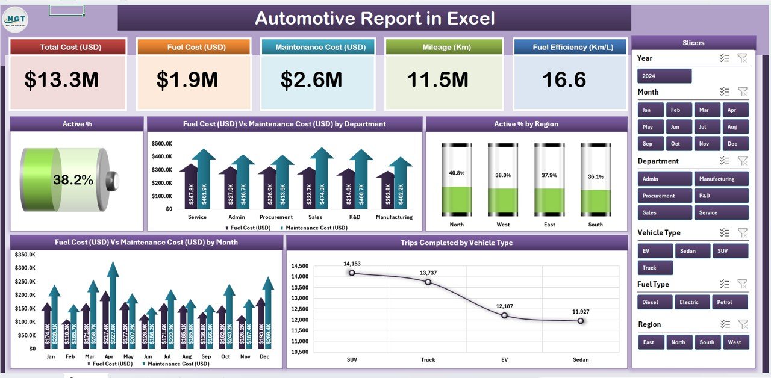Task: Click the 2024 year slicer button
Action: pyautogui.click(x=664, y=76)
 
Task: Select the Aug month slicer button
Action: pyautogui.click(x=732, y=127)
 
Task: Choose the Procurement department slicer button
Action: pyautogui.click(x=664, y=196)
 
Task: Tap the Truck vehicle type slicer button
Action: pyautogui.click(x=655, y=268)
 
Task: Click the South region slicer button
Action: pyautogui.click(x=707, y=342)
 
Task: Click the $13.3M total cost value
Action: pyautogui.click(x=61, y=80)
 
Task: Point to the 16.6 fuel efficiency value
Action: pyautogui.click(x=563, y=80)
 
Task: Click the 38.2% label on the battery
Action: pyautogui.click(x=73, y=180)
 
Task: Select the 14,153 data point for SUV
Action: pyautogui.click(x=352, y=273)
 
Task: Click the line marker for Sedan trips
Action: pyautogui.click(x=580, y=321)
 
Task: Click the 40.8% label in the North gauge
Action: pyautogui.click(x=457, y=173)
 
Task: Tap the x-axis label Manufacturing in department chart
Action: pyautogui.click(x=394, y=217)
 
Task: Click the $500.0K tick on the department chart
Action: pyautogui.click(x=162, y=144)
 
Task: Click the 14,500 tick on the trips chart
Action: pyautogui.click(x=299, y=266)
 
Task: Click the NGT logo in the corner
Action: pyautogui.click(x=14, y=18)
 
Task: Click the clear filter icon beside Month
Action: pyautogui.click(x=743, y=92)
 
